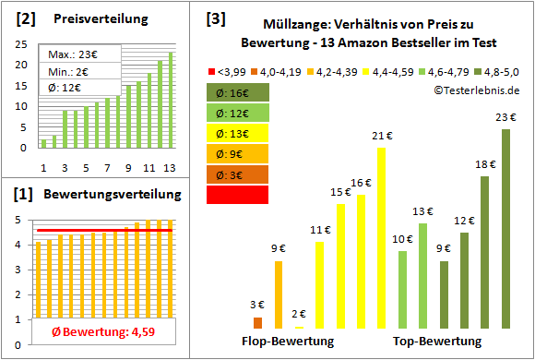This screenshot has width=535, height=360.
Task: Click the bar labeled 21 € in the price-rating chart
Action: (381, 238)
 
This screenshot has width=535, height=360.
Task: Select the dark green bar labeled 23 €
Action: (505, 229)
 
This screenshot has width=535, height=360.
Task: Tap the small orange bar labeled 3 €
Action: (257, 323)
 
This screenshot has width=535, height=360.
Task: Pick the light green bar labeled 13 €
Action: (422, 276)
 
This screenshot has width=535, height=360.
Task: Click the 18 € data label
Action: (485, 164)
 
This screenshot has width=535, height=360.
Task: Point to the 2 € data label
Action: (298, 315)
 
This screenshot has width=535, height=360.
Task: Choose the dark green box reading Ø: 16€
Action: (237, 92)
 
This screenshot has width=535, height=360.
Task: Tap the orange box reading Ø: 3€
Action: (237, 174)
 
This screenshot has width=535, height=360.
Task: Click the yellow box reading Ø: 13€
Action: (237, 133)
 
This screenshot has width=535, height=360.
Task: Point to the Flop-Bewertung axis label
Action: (288, 342)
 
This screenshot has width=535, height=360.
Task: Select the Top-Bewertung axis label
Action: (437, 342)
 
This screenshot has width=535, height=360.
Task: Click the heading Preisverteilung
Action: (91, 18)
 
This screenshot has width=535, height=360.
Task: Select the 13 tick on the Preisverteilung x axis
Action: (170, 167)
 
